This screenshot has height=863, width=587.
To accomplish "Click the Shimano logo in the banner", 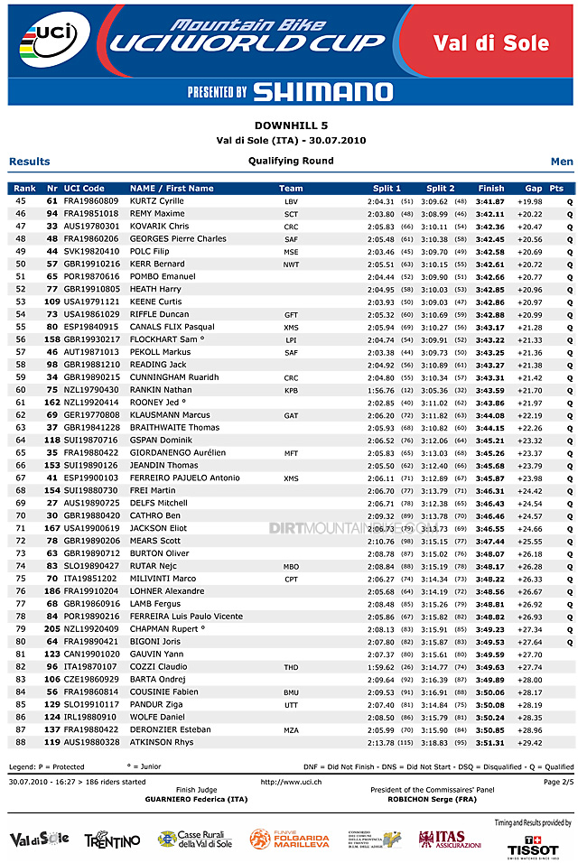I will coord(322,91).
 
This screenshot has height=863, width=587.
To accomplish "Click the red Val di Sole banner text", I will coord(490,43).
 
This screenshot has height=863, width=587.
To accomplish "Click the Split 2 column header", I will coord(440,188).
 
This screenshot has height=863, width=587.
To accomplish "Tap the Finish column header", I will coord(491,188).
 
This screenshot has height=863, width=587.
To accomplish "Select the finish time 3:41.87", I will coord(490,200).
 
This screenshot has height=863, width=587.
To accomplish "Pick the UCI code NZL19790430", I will coord(90,390).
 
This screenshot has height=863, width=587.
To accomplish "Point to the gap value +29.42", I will coord(529,742).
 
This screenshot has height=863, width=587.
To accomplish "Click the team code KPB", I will coord(291,390).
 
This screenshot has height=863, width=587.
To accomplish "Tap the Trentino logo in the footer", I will coord(112,840).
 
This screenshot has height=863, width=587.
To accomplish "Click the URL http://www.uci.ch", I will coord(291,782).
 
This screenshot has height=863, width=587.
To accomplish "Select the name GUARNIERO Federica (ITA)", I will coord(196,799).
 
